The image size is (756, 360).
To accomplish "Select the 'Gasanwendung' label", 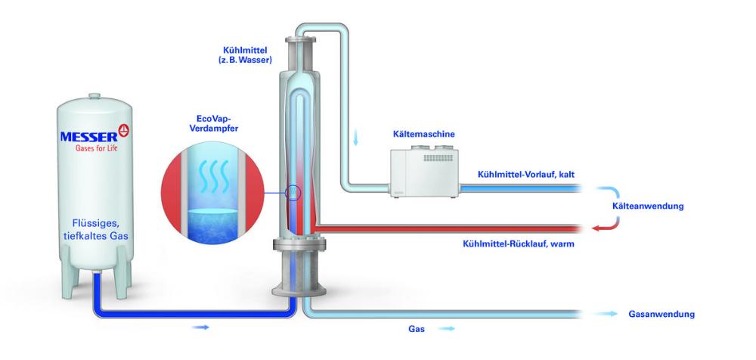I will pyautogui.click(x=661, y=314).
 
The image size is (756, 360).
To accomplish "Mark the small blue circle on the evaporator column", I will pyautogui.click(x=293, y=194).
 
